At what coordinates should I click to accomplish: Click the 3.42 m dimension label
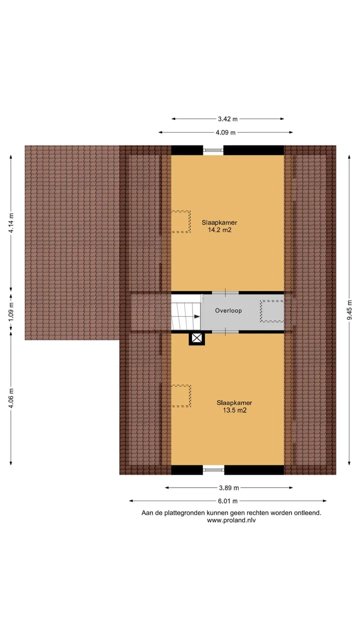[x=227, y=119]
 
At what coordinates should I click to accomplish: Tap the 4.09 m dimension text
[x=225, y=132]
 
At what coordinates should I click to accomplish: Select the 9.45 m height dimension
[x=349, y=310]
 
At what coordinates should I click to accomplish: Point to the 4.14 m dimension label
[x=11, y=223]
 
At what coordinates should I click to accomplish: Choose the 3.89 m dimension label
[x=229, y=487]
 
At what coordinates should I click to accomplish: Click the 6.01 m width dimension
[x=227, y=501]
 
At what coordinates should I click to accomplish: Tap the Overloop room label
[x=228, y=310]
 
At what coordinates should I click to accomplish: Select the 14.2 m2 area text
[x=219, y=230]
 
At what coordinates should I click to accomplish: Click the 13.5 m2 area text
[x=234, y=410]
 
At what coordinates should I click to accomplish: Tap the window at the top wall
[x=213, y=150]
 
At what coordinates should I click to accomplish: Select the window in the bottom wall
[x=213, y=469]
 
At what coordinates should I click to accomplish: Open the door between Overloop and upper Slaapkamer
[x=225, y=292]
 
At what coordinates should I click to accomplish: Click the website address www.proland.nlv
[x=231, y=520]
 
